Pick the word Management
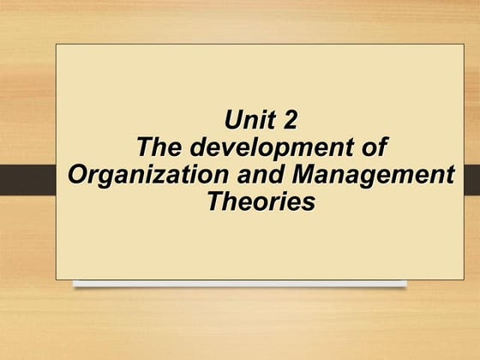coord(373,176)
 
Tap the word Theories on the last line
coord(261,203)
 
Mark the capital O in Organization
coord(78,175)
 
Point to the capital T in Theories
coord(216,203)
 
